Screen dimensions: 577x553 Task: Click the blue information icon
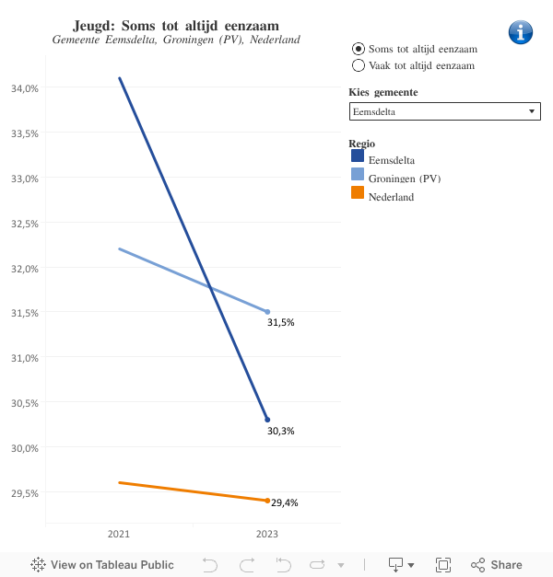(521, 32)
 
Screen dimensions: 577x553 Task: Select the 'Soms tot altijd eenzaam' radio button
(359, 48)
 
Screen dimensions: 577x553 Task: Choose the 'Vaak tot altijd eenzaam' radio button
(359, 65)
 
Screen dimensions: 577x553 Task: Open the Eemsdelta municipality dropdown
(444, 111)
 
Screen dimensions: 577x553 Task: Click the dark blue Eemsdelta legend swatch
(358, 157)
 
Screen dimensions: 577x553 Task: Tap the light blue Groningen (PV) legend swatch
(358, 175)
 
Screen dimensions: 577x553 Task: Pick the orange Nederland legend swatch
(358, 193)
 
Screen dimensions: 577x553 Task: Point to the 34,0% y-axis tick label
(23, 88)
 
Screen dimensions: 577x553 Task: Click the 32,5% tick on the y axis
(23, 224)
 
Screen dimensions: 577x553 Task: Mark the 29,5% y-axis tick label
(23, 493)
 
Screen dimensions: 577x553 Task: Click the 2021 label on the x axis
(119, 534)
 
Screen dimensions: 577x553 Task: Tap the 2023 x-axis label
(267, 534)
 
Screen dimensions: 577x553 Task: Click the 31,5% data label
(281, 323)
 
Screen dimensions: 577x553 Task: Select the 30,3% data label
(281, 431)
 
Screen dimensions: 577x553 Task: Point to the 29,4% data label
(285, 502)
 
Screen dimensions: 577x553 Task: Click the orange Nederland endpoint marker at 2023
(267, 501)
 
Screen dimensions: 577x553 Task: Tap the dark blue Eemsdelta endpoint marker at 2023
(267, 420)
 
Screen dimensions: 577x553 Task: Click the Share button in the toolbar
(497, 565)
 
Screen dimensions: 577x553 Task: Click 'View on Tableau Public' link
(102, 565)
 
